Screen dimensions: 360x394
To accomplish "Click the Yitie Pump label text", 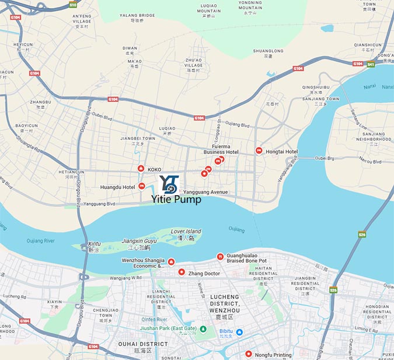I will point(176,200).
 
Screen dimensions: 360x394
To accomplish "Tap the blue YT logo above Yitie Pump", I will point(168,184).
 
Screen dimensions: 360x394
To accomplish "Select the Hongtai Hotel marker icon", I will point(259,151).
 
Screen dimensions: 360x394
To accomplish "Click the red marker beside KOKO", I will point(141,168).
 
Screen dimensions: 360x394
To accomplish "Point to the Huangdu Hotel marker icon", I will point(142,186).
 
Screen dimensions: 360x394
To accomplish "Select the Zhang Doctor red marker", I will point(182,273).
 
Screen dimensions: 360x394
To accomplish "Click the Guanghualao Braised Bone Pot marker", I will point(220,257).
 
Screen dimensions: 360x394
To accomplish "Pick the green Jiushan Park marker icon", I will point(203,329).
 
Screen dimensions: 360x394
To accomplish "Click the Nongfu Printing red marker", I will point(249,354).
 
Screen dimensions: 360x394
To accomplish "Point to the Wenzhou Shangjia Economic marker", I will point(171,261).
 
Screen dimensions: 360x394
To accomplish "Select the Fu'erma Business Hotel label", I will point(221,149).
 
